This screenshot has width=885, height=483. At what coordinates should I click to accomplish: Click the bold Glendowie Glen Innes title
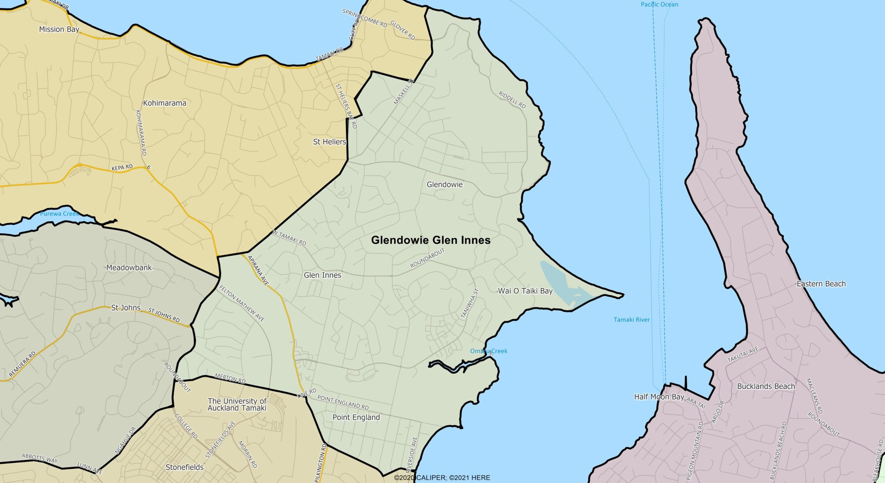click(430, 240)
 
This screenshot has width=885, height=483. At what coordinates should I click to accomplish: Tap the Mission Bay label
click(59, 29)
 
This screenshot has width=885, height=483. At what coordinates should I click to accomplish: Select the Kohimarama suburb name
click(165, 103)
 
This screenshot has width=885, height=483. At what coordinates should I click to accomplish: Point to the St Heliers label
click(329, 142)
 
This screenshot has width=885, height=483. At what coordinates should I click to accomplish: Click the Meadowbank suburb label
click(129, 268)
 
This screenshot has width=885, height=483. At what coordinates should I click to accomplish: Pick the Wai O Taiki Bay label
click(525, 291)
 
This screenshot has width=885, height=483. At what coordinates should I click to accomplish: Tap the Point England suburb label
click(356, 417)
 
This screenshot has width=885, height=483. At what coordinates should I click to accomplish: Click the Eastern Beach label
click(821, 284)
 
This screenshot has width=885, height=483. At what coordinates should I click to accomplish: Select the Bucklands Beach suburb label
click(766, 387)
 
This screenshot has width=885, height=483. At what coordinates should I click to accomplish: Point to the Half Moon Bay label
click(659, 397)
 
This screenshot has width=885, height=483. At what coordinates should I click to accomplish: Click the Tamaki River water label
click(632, 320)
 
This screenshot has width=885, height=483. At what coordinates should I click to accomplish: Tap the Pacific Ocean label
click(659, 4)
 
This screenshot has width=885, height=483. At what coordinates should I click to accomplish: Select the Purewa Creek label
click(59, 214)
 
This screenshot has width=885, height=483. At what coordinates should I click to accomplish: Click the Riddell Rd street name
click(512, 100)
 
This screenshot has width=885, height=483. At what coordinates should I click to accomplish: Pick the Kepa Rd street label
click(122, 168)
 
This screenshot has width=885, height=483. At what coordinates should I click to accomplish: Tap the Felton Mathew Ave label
click(242, 304)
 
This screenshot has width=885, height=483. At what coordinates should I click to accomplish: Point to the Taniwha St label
click(470, 303)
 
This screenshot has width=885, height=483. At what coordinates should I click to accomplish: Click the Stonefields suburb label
click(185, 467)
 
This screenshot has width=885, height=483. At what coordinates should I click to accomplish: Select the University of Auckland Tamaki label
click(237, 405)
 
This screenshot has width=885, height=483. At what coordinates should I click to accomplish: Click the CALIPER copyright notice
click(442, 478)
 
